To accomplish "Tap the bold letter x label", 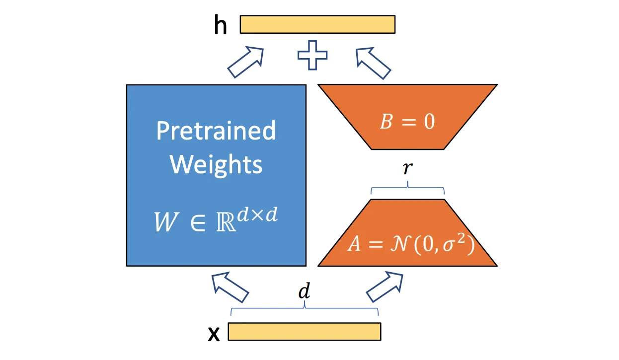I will [x=214, y=335].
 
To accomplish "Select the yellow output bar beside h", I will [x=317, y=24].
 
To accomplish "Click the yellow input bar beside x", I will [x=304, y=332].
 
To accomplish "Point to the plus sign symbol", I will [x=312, y=55].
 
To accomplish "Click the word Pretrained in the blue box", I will [x=216, y=131].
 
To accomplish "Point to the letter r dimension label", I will [x=407, y=169].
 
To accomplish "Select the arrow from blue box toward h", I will [x=245, y=62].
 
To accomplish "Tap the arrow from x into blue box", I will [x=230, y=287].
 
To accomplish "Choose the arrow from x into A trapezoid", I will [x=385, y=287].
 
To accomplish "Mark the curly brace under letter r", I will [x=407, y=188].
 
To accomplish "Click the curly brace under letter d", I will [x=304, y=309].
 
